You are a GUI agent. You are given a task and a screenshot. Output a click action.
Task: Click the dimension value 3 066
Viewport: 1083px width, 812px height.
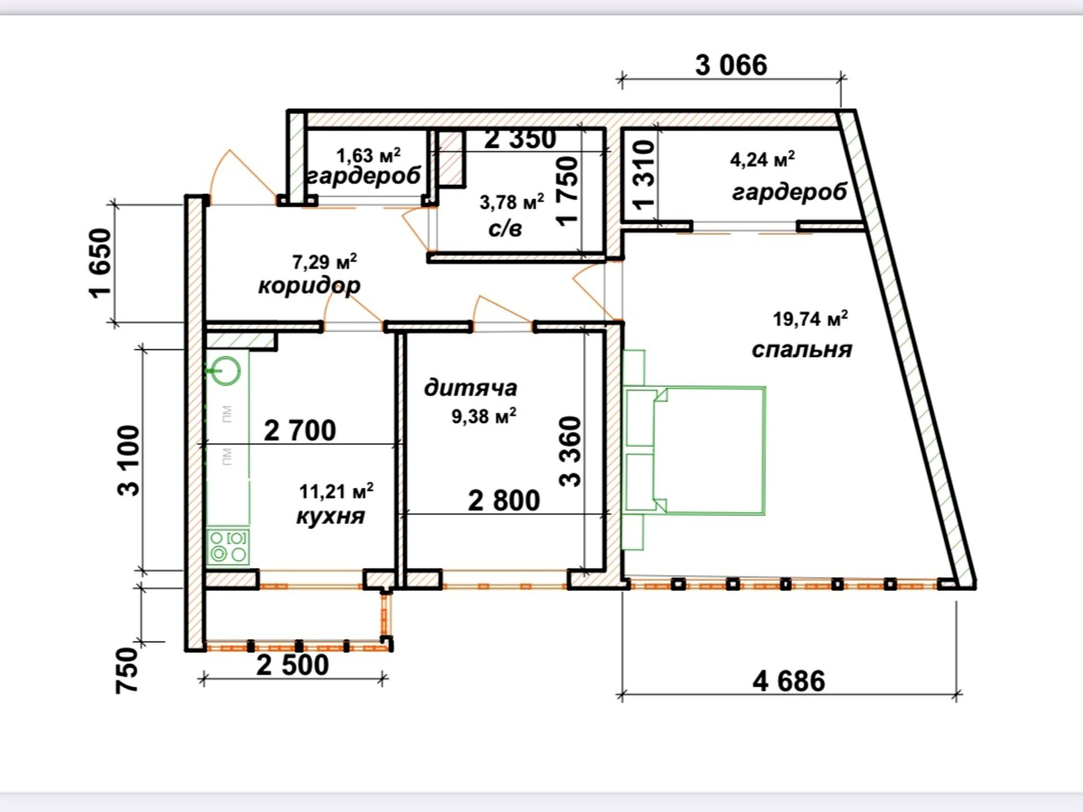point(731,65)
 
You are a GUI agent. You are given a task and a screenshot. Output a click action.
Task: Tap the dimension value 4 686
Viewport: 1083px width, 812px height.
point(789,681)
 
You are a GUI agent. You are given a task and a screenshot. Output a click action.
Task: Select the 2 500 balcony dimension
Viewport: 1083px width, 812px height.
point(292,665)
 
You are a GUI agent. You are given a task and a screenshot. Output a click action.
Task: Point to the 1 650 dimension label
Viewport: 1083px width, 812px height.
point(101,263)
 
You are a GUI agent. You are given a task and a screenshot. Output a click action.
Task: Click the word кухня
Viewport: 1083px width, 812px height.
point(331,517)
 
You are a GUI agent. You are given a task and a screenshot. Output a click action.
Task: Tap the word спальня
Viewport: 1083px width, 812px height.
point(802,350)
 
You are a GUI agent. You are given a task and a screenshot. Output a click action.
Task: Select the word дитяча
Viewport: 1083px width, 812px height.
point(470,388)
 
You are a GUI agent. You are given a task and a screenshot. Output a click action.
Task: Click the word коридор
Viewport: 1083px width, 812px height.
point(309,285)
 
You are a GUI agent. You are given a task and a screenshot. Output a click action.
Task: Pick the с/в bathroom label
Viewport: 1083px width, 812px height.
point(505,228)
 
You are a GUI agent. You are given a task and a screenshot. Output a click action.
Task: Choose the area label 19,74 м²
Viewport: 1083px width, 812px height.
point(810,319)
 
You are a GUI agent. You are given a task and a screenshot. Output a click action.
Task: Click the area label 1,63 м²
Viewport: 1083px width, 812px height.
point(368,155)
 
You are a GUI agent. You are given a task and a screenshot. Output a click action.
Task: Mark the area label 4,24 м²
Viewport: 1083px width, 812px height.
point(763,159)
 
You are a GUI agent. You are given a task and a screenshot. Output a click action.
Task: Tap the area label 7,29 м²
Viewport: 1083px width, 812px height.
point(324,262)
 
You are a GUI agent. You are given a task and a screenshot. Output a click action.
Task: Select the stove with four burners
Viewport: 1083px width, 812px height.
point(228,546)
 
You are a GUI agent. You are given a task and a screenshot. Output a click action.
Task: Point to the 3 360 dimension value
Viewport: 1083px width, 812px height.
point(570,451)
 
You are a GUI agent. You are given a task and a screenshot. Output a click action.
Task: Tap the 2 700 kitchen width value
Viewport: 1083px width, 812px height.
point(300,431)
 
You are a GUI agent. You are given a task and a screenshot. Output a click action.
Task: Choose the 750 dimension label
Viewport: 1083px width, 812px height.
point(127,670)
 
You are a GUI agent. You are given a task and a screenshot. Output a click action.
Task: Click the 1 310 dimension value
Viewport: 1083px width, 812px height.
point(644,175)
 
